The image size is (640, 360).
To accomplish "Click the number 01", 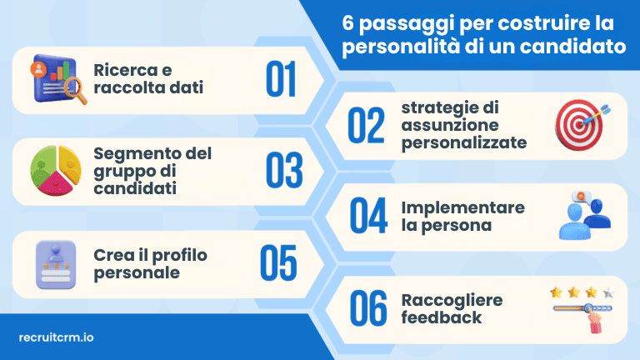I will (x=281, y=78).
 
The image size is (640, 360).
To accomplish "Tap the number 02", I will (x=367, y=125).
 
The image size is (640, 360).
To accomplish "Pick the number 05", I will (x=278, y=262).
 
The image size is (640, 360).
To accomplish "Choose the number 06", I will (x=367, y=308).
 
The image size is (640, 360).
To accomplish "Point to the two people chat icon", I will (x=582, y=215).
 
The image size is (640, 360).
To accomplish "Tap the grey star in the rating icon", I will (x=607, y=292).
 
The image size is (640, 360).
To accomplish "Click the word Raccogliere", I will (x=452, y=300).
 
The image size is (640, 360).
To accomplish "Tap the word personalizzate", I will (x=463, y=142).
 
